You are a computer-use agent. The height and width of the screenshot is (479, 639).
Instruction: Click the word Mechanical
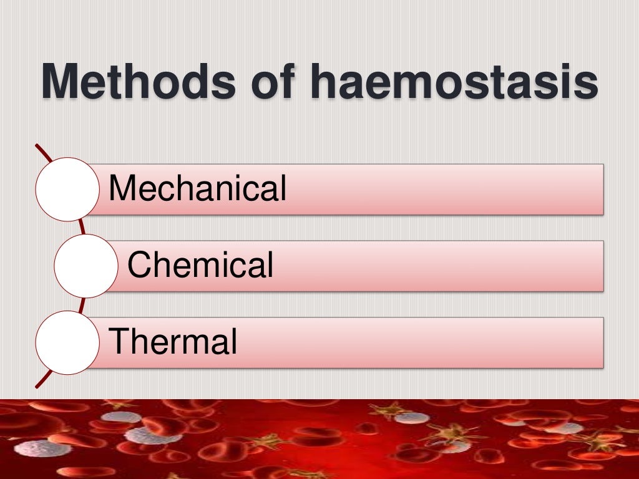[197, 188]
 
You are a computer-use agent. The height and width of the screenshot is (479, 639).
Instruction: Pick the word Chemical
[200, 265]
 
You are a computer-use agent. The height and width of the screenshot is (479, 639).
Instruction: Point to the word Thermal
[173, 342]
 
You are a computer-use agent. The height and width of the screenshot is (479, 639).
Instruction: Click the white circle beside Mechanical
[67, 189]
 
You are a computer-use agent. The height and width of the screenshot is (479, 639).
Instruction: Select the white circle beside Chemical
[85, 266]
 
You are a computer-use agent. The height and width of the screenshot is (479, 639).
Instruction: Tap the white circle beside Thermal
[67, 342]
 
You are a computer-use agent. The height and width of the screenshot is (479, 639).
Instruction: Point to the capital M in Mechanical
[122, 188]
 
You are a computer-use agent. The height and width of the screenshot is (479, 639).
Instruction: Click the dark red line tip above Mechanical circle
[37, 147]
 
